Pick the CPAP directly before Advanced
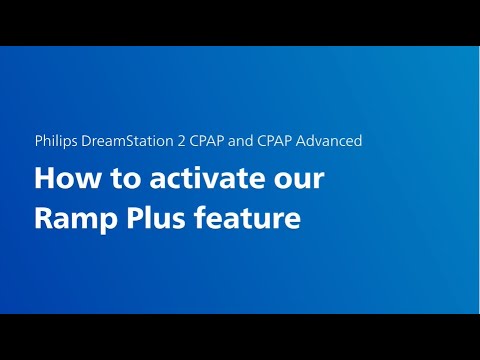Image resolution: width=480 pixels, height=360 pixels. (x=275, y=141)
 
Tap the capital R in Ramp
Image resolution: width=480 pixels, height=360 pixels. (x=43, y=216)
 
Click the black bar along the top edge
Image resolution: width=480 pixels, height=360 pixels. (x=240, y=22)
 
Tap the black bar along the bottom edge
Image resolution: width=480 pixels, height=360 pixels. (x=240, y=337)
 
